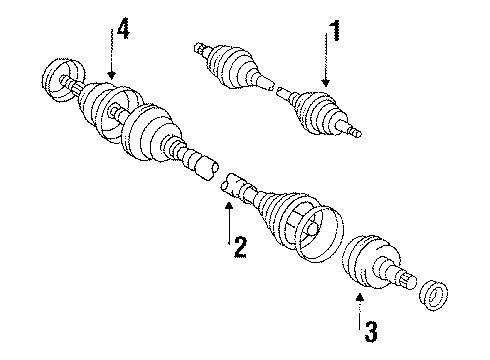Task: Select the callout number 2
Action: [x=239, y=246]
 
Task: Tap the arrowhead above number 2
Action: [x=228, y=204]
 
